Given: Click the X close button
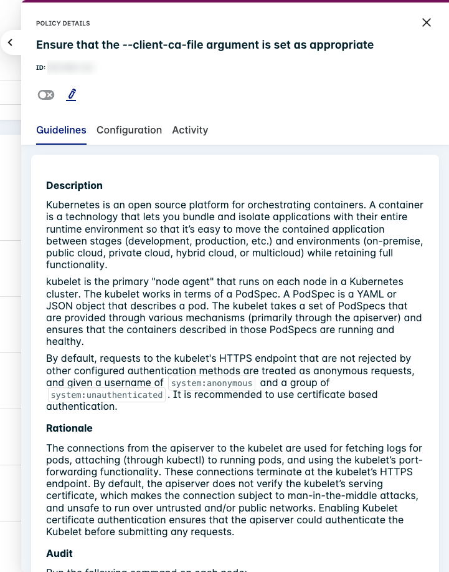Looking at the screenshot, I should pos(427,22).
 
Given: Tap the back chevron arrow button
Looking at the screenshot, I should pos(11,42).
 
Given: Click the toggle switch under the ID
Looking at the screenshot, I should pos(46,95).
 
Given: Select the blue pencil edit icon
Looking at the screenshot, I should pos(72,95).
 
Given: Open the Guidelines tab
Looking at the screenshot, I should pos(61,130).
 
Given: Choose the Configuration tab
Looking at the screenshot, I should pos(129,130).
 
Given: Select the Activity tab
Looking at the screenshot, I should pos(190,130).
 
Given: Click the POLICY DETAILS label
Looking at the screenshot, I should pos(63,24).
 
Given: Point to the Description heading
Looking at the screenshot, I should pos(74,185).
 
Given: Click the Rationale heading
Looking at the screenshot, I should pos(69,428).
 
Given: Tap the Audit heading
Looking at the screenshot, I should pos(59,553).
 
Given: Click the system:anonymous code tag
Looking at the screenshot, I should pos(212,383).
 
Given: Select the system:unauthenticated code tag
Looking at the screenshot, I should pos(106,395).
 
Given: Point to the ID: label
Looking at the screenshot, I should pos(40,67).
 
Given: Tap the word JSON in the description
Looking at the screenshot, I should pos(59,306).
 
